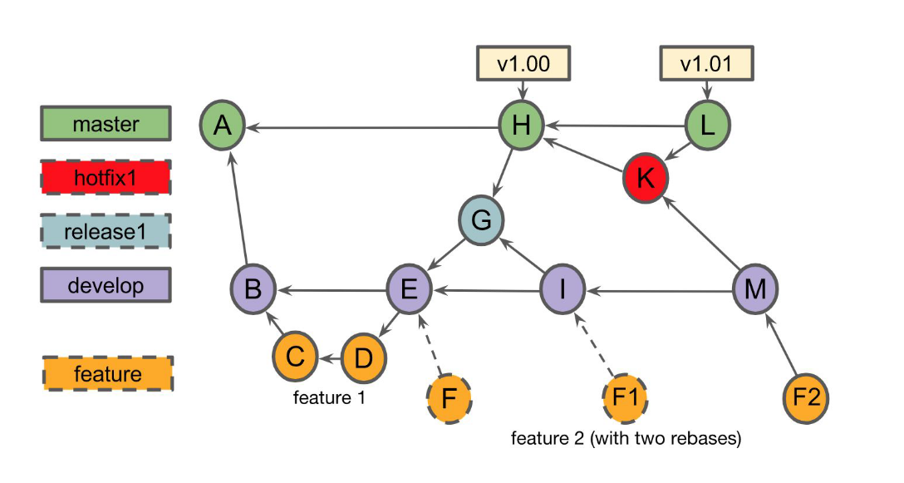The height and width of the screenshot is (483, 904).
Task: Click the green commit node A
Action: click(222, 127)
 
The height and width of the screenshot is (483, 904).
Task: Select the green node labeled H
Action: click(521, 126)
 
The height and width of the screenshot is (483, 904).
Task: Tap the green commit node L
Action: click(708, 126)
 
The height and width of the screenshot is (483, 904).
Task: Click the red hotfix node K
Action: click(646, 177)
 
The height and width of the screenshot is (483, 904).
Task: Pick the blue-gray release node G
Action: click(482, 221)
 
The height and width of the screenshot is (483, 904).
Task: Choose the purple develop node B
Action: click(253, 290)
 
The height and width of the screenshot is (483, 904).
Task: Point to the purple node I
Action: click(563, 290)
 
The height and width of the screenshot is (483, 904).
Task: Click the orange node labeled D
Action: click(364, 357)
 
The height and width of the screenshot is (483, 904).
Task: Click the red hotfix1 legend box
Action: click(106, 177)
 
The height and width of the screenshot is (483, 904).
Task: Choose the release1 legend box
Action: click(106, 231)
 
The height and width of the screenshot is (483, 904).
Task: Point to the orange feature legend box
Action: click(106, 374)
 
